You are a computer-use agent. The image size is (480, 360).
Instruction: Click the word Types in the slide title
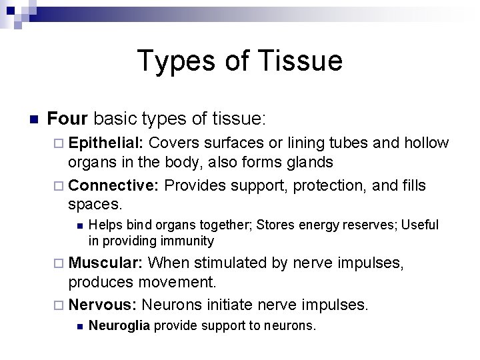coord(176,61)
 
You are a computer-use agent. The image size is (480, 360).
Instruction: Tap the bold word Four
coord(68,119)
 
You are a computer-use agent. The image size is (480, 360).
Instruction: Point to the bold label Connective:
coord(113,185)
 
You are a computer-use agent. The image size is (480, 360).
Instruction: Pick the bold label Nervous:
coord(103,305)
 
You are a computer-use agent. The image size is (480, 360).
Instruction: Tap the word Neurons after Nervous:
coord(171,305)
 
